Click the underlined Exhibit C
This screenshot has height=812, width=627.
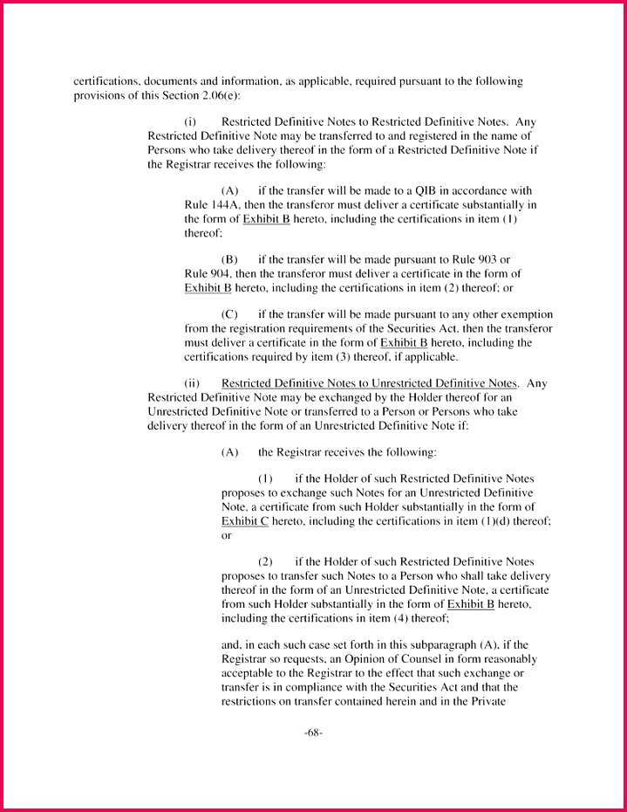(x=245, y=521)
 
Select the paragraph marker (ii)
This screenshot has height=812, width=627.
(x=192, y=383)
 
